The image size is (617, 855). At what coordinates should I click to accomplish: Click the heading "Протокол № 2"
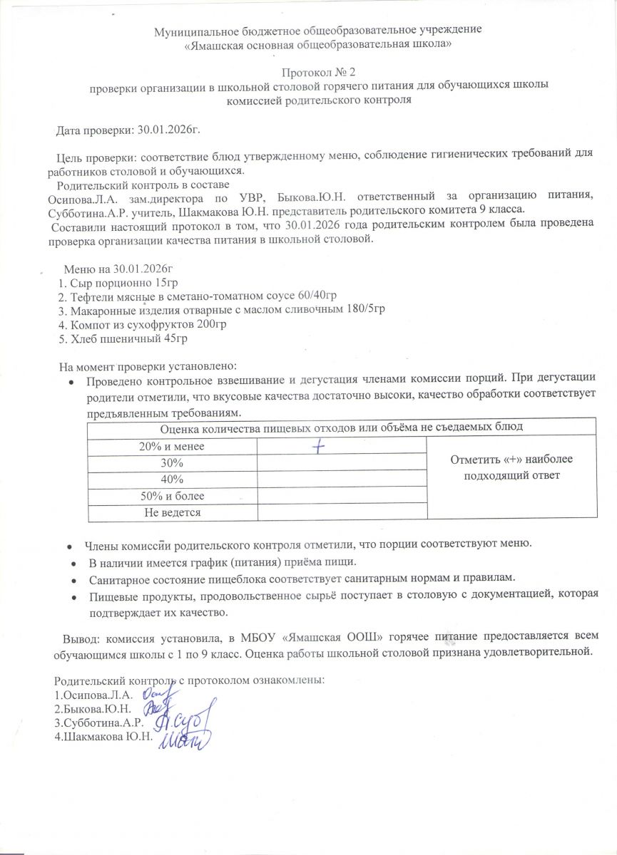point(318,72)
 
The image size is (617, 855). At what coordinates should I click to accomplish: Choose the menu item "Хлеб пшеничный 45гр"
point(126,338)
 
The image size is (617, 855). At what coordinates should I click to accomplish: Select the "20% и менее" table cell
point(171,447)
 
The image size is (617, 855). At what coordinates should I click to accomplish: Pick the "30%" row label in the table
point(171,463)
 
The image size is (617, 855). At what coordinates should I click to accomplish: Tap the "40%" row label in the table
point(171,480)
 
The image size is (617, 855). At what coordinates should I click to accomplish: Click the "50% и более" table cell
point(171,496)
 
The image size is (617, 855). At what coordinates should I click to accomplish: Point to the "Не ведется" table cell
point(171,512)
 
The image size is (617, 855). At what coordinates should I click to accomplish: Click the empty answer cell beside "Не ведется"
point(342,512)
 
